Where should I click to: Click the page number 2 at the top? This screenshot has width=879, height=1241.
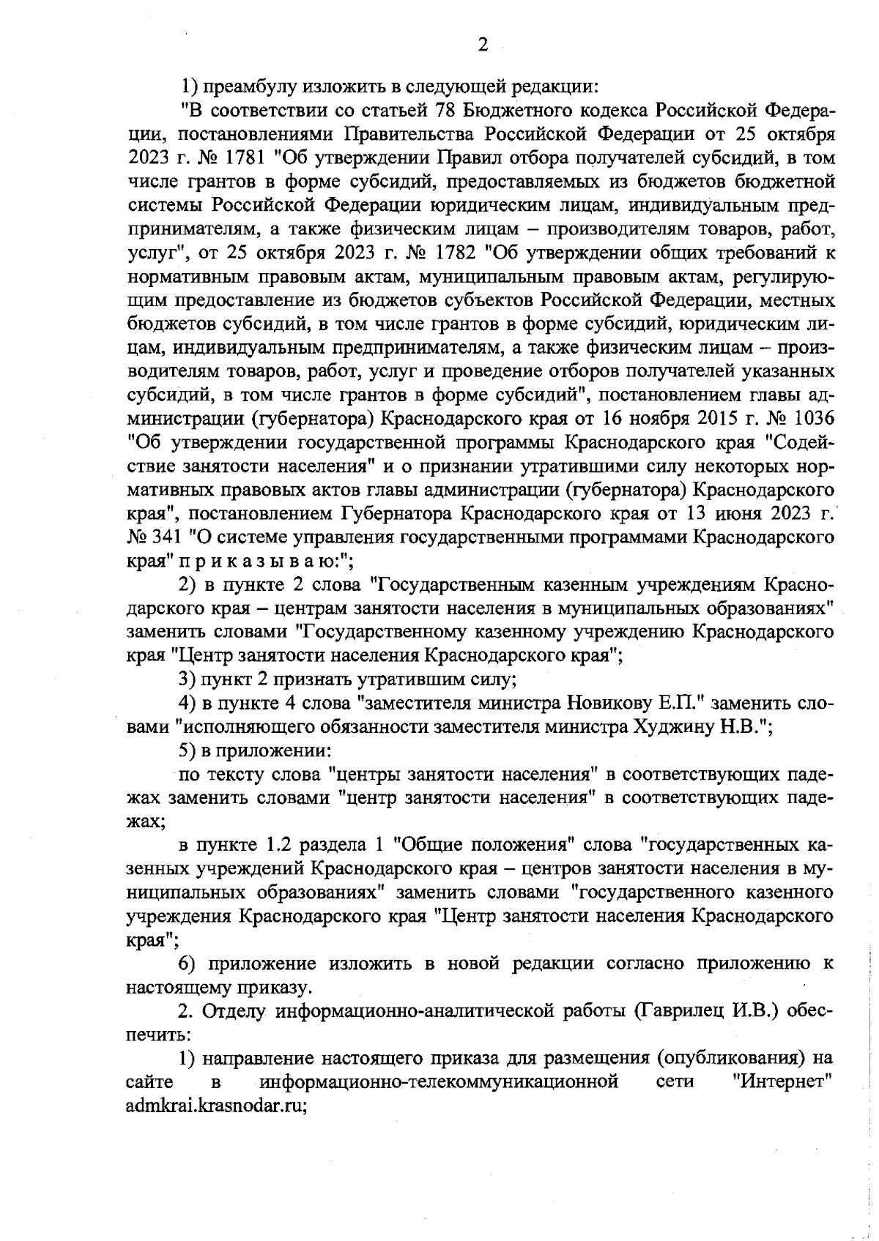pyautogui.click(x=483, y=45)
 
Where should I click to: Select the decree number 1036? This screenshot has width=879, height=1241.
pyautogui.click(x=810, y=419)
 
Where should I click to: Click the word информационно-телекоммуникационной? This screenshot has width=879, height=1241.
pyautogui.click(x=439, y=1082)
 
